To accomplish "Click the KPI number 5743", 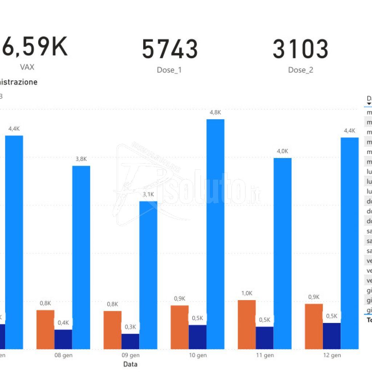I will pyautogui.click(x=170, y=49).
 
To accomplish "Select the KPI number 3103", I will pyautogui.click(x=300, y=49).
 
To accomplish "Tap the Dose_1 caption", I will pyautogui.click(x=169, y=70).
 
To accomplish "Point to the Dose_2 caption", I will pyautogui.click(x=300, y=70).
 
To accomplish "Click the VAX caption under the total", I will pyautogui.click(x=27, y=67).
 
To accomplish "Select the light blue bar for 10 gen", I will pyautogui.click(x=215, y=234).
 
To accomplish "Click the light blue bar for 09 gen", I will pyautogui.click(x=148, y=275).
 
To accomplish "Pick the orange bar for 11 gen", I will pyautogui.click(x=247, y=324).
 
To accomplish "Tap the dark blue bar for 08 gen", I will pyautogui.click(x=63, y=339).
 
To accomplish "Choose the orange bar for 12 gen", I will pyautogui.click(x=314, y=326).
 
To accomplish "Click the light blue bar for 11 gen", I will pyautogui.click(x=282, y=253).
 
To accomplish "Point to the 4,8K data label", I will pyautogui.click(x=215, y=113).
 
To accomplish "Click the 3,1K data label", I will pyautogui.click(x=148, y=194).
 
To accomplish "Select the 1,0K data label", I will pyautogui.click(x=247, y=293).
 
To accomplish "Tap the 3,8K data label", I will pyautogui.click(x=81, y=159).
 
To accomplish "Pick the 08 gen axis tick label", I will pyautogui.click(x=63, y=355).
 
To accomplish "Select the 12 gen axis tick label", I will pyautogui.click(x=332, y=355).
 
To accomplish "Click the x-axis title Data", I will pyautogui.click(x=130, y=364).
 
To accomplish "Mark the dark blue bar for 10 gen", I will pyautogui.click(x=197, y=337).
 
